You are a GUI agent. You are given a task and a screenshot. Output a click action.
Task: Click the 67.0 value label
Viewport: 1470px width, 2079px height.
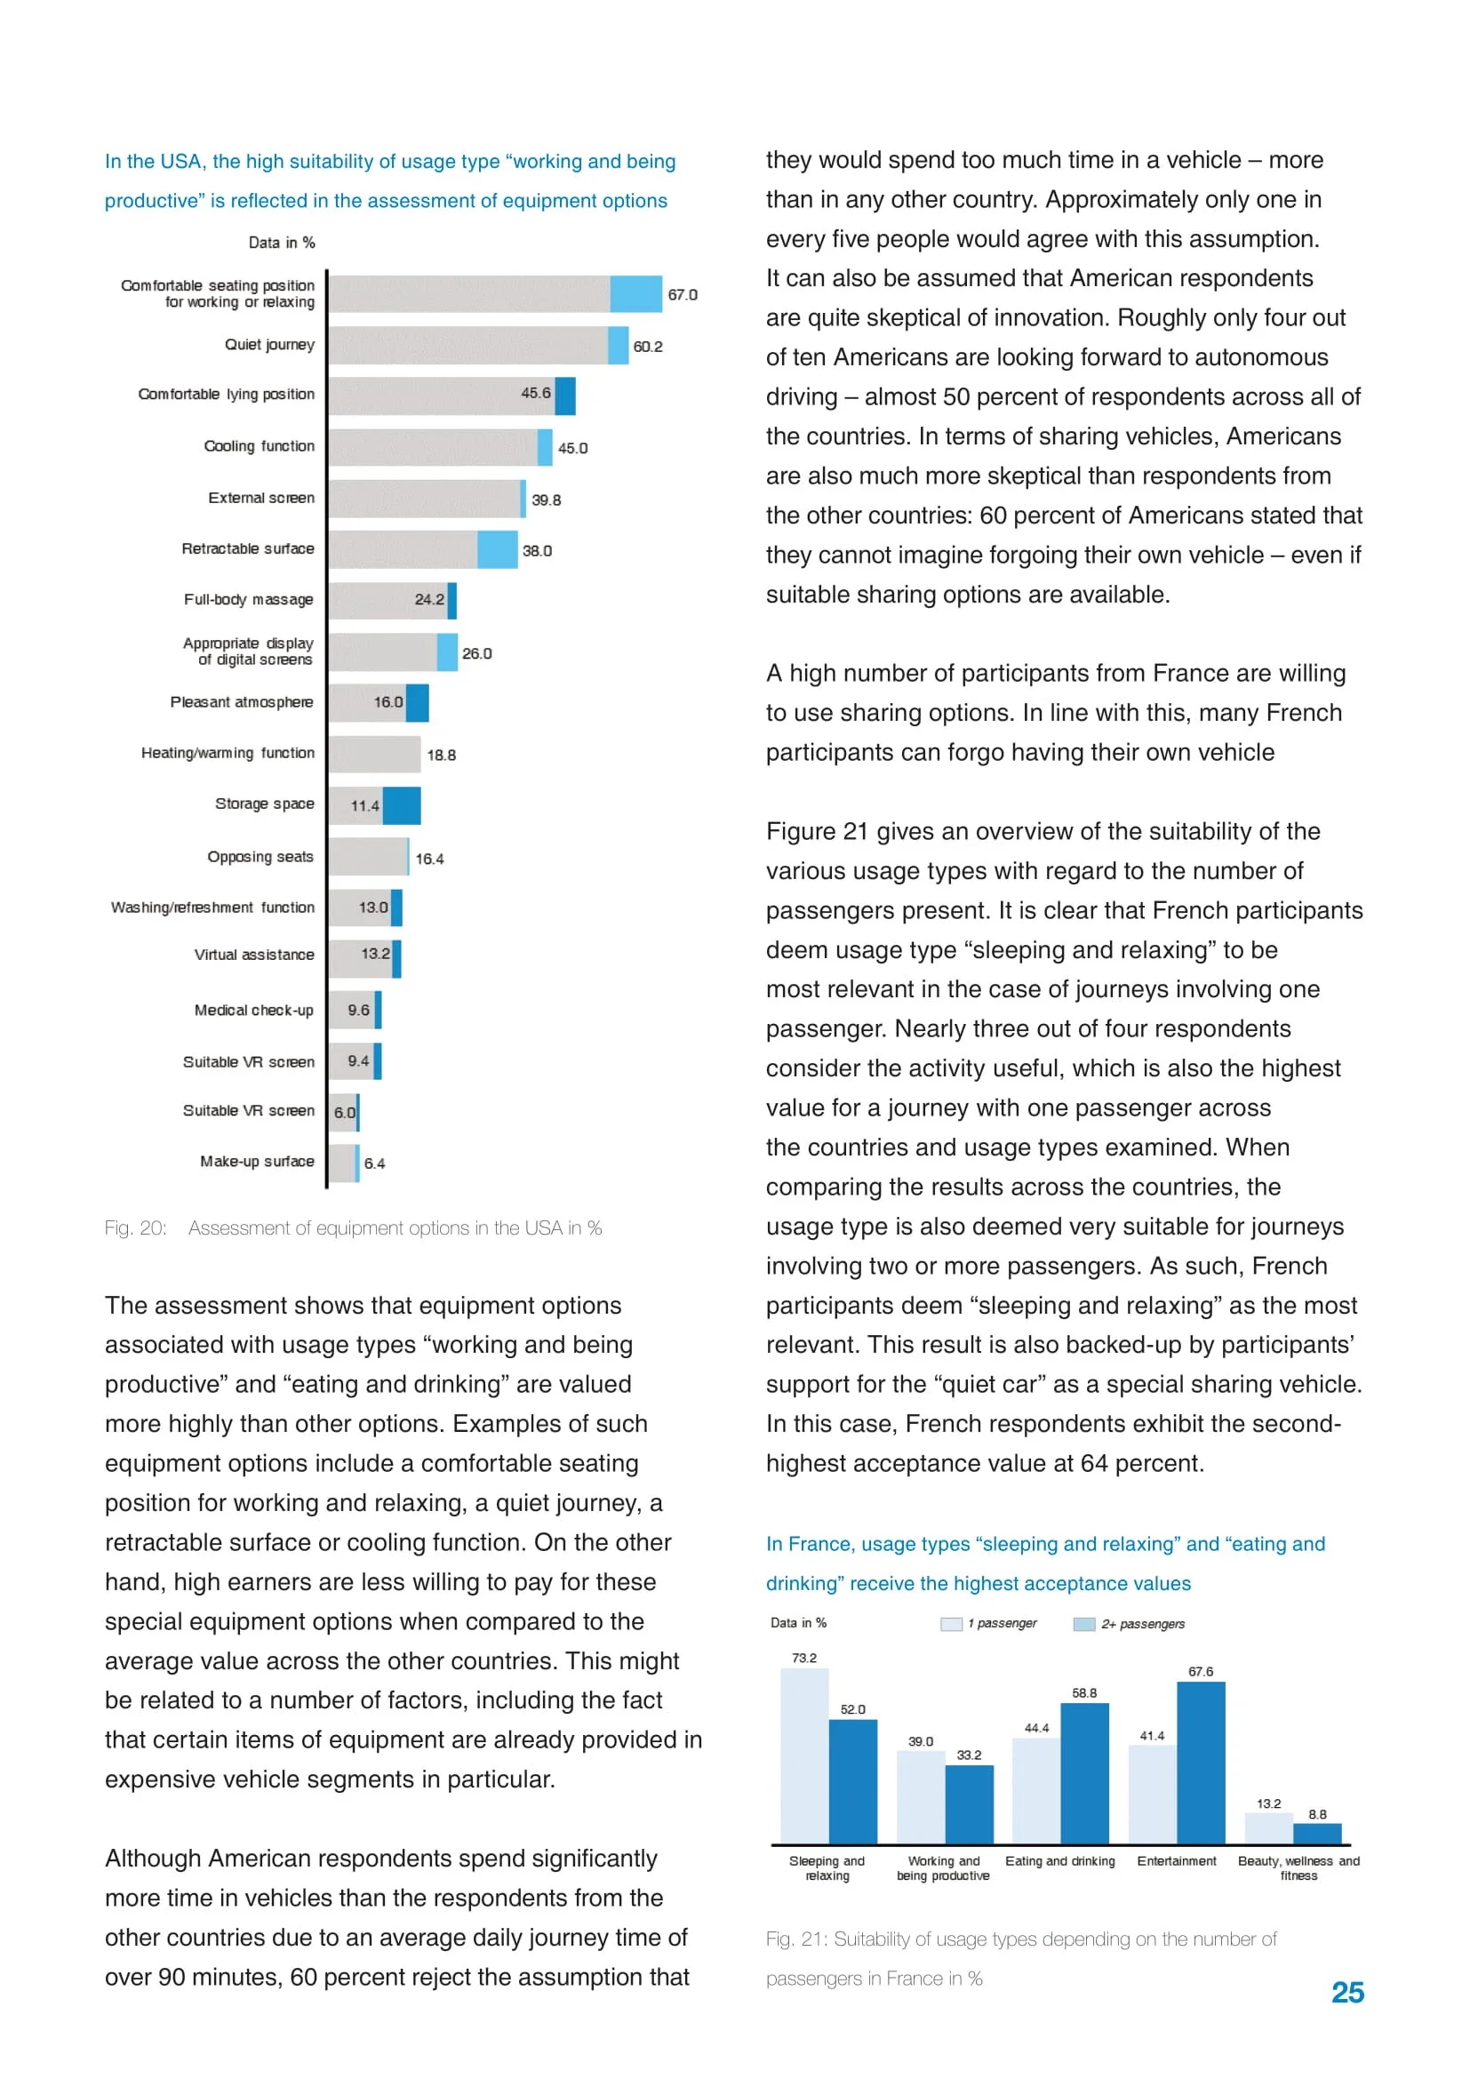pyautogui.click(x=683, y=295)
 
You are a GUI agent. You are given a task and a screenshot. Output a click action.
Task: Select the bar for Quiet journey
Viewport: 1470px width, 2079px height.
pyautogui.click(x=477, y=346)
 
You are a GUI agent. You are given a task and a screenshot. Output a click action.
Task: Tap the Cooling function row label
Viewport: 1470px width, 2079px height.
pyautogui.click(x=259, y=446)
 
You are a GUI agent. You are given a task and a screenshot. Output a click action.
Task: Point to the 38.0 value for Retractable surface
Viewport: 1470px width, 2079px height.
pyautogui.click(x=537, y=550)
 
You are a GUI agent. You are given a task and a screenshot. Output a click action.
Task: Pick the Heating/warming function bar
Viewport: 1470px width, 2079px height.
pyautogui.click(x=375, y=755)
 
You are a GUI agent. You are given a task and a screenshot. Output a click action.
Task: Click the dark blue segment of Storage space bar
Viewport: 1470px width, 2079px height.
pyautogui.click(x=402, y=806)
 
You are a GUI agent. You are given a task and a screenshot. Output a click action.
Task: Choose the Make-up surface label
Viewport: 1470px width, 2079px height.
pyautogui.click(x=257, y=1162)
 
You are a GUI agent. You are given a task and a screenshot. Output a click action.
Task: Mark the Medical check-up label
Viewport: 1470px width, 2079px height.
pyautogui.click(x=253, y=1011)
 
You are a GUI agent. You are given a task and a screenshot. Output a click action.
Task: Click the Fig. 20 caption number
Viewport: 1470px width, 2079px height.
pyautogui.click(x=136, y=1228)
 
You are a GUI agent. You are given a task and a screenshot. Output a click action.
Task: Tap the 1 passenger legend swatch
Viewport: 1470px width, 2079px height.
pyautogui.click(x=951, y=1625)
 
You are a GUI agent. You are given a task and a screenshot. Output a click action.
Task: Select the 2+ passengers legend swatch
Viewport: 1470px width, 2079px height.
pyautogui.click(x=1083, y=1625)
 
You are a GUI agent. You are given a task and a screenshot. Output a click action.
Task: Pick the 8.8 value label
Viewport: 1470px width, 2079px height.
pyautogui.click(x=1317, y=1815)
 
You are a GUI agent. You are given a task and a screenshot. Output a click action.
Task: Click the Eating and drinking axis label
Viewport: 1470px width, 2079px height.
pyautogui.click(x=1060, y=1862)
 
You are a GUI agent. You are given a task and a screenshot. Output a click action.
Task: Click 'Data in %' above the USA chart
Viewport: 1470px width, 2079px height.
pyautogui.click(x=282, y=243)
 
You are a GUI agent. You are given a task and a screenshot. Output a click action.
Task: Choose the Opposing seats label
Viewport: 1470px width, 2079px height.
pyautogui.click(x=260, y=858)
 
